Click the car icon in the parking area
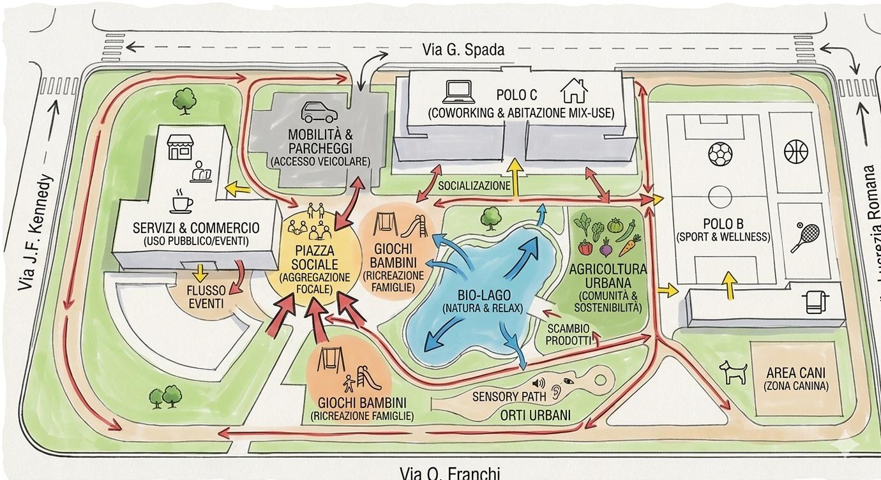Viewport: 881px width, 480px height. click(319, 112)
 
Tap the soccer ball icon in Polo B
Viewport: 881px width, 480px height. click(720, 154)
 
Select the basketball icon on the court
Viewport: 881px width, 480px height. click(795, 152)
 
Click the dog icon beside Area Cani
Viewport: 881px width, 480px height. click(733, 371)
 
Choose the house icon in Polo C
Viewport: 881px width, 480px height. click(573, 91)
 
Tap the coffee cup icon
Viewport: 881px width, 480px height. click(181, 202)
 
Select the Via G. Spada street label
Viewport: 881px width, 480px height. click(463, 50)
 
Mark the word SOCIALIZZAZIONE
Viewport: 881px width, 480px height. click(474, 186)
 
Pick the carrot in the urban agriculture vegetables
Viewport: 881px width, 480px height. click(629, 244)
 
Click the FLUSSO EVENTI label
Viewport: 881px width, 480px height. click(206, 297)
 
